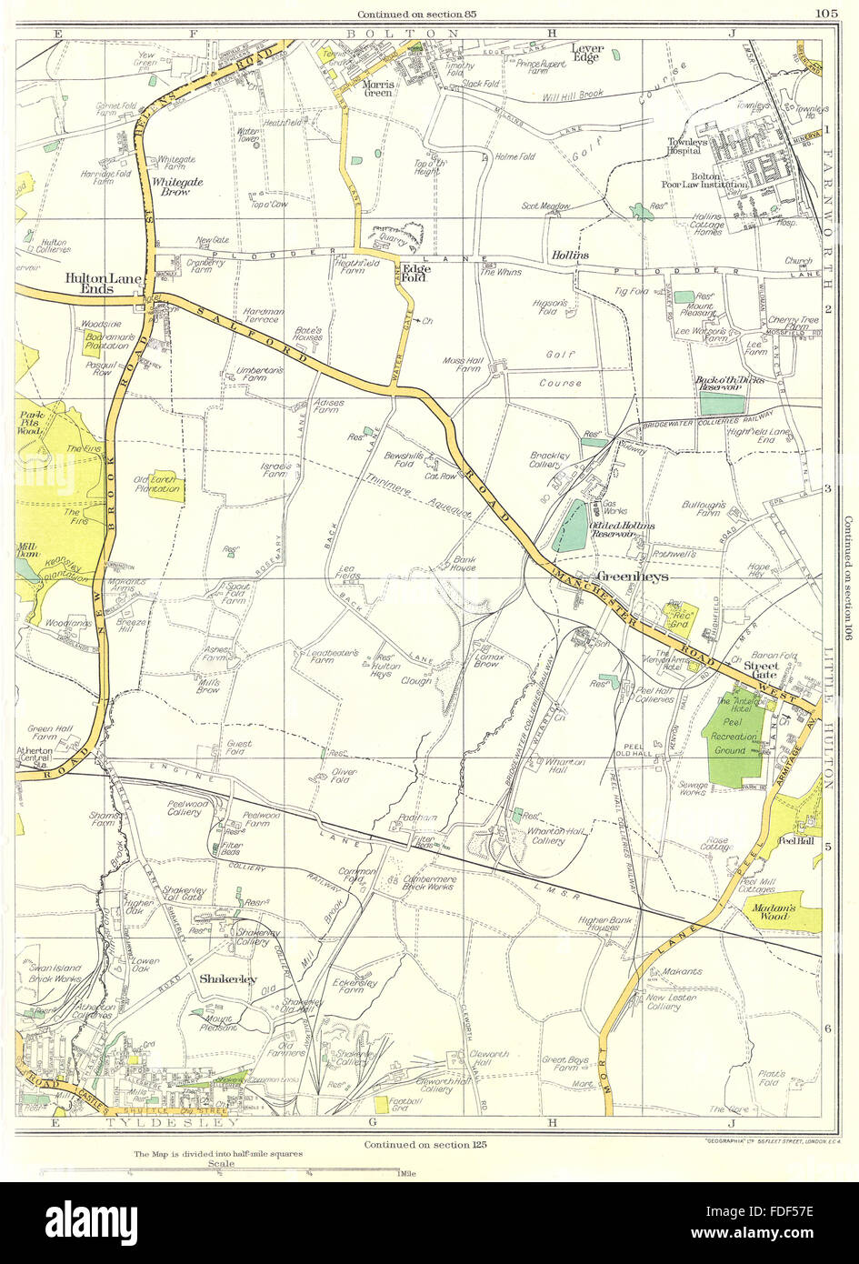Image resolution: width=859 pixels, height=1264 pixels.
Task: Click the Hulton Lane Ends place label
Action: point(88,283)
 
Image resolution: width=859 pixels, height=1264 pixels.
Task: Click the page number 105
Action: point(826,13)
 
